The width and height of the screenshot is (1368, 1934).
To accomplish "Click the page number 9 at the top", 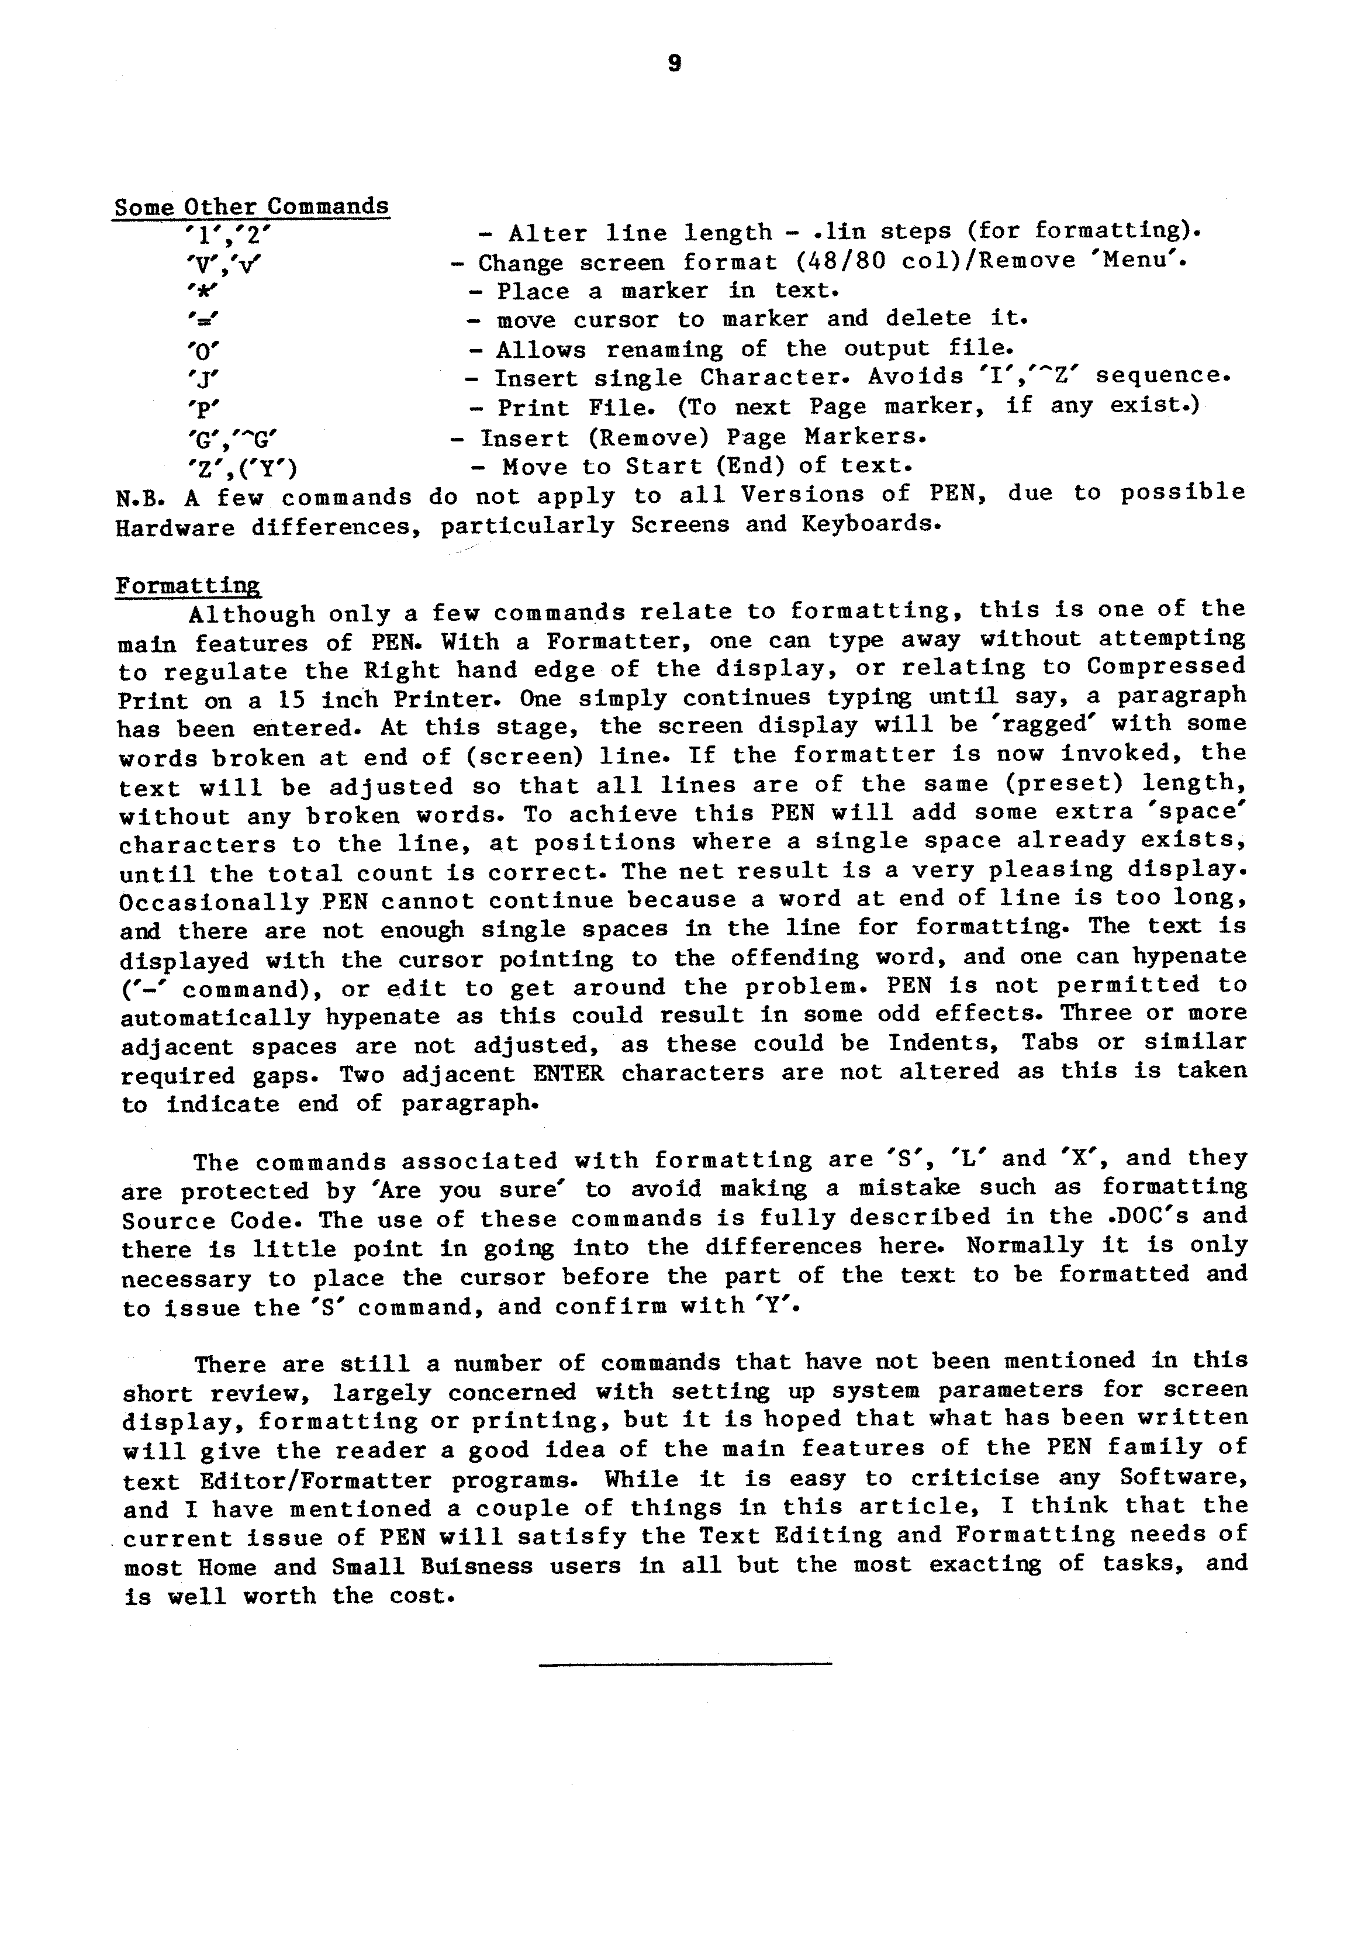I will (x=674, y=64).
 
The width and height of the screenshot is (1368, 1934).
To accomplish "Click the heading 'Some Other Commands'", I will (x=251, y=206).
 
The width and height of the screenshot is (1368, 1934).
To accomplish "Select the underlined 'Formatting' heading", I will (x=187, y=585).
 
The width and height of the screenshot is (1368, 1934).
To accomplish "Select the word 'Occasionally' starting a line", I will (x=214, y=902).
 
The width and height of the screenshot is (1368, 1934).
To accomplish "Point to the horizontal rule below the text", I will (x=684, y=1663).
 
